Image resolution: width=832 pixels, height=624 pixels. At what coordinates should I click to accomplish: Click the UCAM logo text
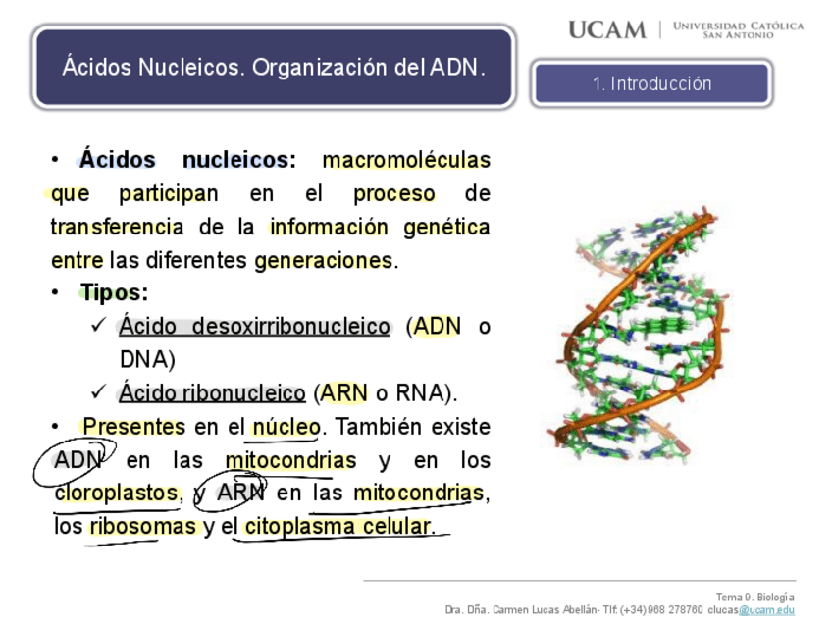click(607, 29)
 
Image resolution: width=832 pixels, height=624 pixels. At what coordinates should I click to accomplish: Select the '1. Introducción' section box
click(651, 84)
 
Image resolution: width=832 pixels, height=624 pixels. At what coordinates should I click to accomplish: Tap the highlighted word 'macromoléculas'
click(406, 160)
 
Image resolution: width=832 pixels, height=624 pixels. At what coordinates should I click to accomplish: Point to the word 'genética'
click(446, 228)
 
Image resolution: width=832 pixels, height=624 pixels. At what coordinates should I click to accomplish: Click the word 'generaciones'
click(323, 261)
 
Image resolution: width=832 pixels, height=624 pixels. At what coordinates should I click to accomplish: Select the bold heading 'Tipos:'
click(114, 293)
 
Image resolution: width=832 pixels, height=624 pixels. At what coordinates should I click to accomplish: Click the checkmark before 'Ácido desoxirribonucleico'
click(98, 326)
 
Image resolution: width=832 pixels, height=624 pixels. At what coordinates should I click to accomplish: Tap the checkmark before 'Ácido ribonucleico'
click(98, 392)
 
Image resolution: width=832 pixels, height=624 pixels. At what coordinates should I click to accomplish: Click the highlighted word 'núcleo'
click(286, 428)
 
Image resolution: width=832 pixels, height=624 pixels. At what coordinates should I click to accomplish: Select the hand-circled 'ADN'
click(78, 460)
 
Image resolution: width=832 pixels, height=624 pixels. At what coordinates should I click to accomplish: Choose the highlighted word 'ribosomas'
click(142, 527)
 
